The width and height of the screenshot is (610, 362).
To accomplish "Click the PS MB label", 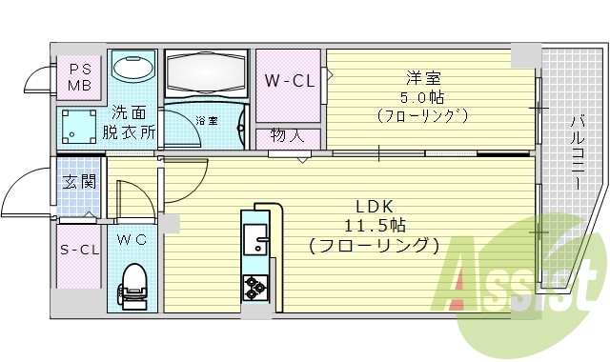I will click(79, 77).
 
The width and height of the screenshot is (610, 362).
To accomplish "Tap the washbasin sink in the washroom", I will click(132, 68).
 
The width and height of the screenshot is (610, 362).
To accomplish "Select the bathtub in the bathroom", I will click(205, 70).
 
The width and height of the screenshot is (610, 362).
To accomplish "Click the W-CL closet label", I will click(289, 80).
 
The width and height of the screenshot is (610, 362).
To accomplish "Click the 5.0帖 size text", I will click(422, 97).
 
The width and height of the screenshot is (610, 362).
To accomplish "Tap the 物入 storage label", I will click(287, 136).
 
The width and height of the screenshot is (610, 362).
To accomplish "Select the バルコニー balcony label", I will click(579, 152).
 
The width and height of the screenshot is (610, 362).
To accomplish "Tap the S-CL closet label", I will click(79, 251).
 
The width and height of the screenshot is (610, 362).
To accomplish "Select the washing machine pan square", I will click(78, 124).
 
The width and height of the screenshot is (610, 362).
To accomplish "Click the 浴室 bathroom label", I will click(207, 121).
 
